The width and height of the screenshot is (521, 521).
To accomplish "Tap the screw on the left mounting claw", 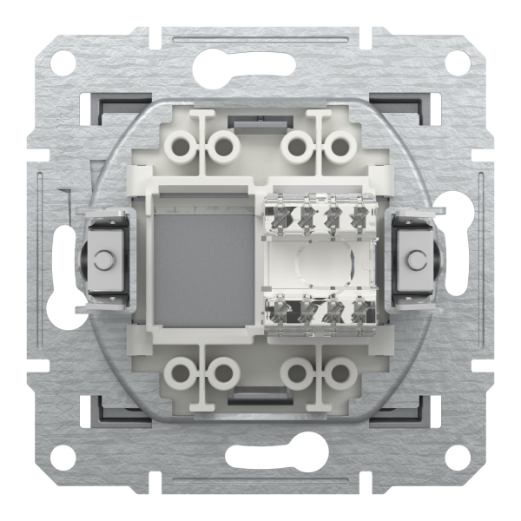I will click(x=103, y=260).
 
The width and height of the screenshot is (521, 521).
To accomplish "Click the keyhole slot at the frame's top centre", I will click(x=260, y=63).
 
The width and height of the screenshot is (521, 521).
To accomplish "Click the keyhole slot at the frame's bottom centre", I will click(x=260, y=458).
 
